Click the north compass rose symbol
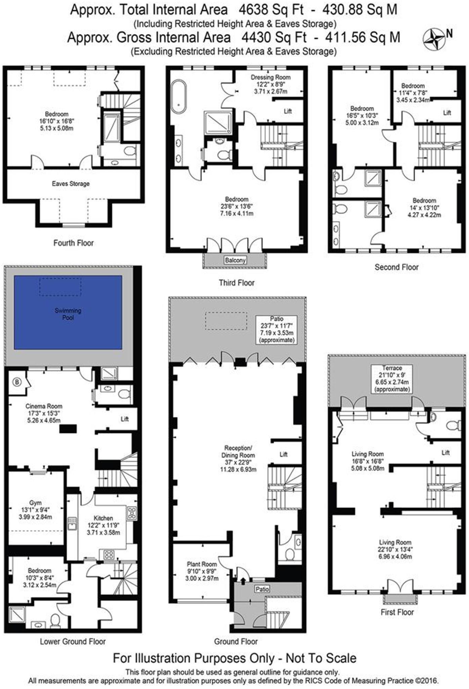point(434,39)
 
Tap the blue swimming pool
point(68,313)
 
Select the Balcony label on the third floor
point(235,260)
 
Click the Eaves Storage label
point(71,184)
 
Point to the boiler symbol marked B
point(16,382)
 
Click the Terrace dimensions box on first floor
point(392,378)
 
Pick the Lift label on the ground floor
point(283,454)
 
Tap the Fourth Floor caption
point(73,243)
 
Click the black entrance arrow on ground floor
point(243,580)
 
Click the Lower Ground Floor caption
point(73,642)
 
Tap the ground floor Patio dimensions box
point(276,329)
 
